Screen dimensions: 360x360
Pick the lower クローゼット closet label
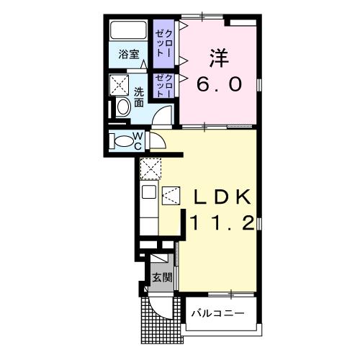164,85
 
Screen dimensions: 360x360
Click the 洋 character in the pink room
220,56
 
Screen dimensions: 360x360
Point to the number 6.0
220,84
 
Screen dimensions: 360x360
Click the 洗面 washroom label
140,97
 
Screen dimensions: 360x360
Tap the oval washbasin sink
123,108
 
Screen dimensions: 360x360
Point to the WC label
140,141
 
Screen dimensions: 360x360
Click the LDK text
220,197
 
